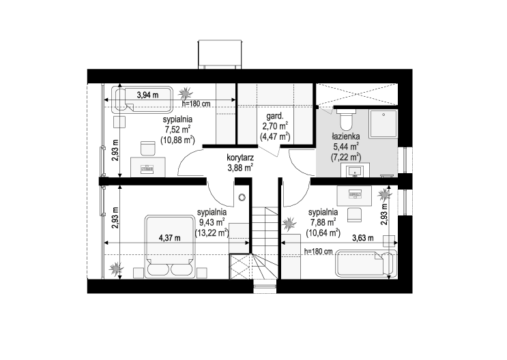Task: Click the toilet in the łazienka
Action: (346, 118)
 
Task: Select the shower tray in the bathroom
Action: (383, 124)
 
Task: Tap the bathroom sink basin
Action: (355, 170)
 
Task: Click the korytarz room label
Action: (240, 158)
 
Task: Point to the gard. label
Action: (275, 116)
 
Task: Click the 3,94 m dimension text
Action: (148, 95)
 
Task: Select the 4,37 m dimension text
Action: (170, 238)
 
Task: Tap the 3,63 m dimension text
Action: (363, 238)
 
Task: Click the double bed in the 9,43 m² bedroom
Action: (170, 247)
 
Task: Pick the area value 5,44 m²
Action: (346, 147)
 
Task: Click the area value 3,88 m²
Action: (240, 168)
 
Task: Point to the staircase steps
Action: (265, 242)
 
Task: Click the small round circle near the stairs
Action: (242, 197)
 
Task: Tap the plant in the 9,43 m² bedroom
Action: (116, 268)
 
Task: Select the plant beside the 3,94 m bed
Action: (185, 93)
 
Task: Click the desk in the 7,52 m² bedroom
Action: (148, 167)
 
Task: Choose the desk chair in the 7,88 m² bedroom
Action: (354, 215)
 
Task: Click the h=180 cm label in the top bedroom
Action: (197, 104)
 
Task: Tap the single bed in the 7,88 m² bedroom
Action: (366, 263)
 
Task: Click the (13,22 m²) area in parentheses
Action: (212, 232)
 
